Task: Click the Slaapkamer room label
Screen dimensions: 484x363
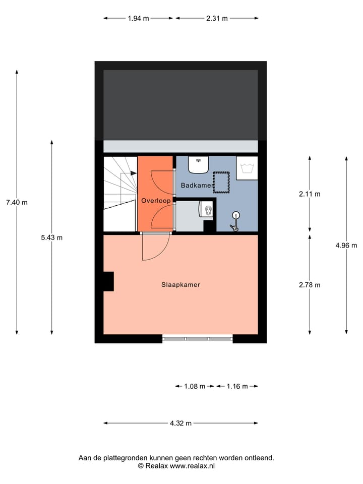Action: click(180, 285)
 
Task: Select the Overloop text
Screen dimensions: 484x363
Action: click(156, 201)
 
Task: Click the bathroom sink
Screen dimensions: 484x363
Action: click(199, 164)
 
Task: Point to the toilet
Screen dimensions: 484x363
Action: click(207, 209)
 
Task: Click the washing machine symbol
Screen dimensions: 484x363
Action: click(247, 168)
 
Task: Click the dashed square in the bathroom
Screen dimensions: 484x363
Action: click(221, 182)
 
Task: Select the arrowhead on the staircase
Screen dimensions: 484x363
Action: click(134, 173)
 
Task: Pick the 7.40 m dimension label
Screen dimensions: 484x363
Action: click(17, 203)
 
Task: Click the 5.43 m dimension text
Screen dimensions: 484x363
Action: click(51, 237)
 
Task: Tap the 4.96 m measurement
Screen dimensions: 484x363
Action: click(346, 246)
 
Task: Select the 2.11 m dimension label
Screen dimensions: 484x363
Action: click(310, 194)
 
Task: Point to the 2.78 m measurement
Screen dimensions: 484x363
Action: click(310, 285)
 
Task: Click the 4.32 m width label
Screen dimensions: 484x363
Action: click(180, 423)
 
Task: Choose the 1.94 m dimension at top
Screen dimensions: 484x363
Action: click(138, 18)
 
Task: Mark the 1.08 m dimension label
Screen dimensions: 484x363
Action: click(194, 387)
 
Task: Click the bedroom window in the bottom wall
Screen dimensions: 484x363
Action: click(198, 339)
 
